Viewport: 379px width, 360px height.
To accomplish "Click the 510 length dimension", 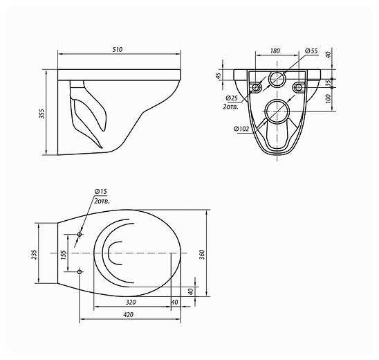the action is (x=118, y=50).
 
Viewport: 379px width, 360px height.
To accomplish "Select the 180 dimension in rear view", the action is (x=275, y=51).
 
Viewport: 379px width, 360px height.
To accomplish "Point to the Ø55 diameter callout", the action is (x=311, y=51).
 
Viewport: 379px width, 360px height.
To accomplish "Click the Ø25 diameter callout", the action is (x=232, y=98).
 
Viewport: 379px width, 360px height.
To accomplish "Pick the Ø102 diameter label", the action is (x=241, y=129).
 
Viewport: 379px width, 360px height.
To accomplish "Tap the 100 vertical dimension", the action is (x=328, y=99).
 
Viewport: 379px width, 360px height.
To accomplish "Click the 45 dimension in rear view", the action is (x=219, y=75).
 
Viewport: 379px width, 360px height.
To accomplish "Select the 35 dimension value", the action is (x=328, y=83).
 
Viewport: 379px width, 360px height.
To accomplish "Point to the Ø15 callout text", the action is (x=100, y=191).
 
